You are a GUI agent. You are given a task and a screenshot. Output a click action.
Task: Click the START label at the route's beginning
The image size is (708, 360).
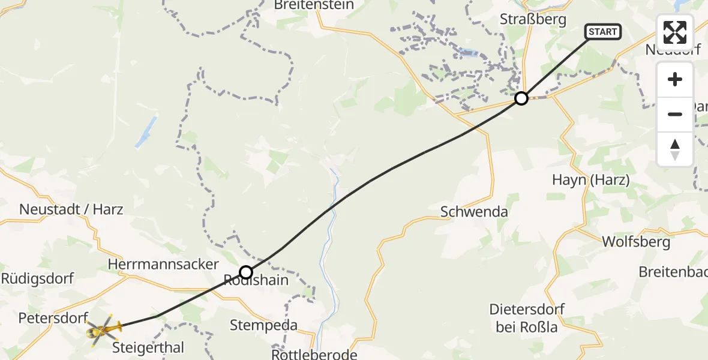pos(602,32)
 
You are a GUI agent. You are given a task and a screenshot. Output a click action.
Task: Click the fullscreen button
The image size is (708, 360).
pos(675,32)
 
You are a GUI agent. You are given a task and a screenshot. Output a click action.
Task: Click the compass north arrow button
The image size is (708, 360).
pos(675,149)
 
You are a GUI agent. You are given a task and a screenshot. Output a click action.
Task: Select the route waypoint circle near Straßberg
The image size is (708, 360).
pos(521,98)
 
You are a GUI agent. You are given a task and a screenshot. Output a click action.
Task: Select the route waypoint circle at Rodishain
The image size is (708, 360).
pos(246,272)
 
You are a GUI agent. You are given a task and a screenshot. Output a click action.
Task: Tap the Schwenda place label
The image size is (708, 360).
pos(474,211)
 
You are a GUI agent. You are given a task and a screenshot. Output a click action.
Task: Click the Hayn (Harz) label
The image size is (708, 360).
pos(590,180)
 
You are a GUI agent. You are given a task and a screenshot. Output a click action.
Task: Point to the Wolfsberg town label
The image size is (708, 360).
pos(635,242)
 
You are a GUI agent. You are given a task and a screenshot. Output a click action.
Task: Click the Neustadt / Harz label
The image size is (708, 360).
pos(71,209)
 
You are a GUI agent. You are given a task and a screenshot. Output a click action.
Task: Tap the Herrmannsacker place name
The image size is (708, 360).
pos(163,264)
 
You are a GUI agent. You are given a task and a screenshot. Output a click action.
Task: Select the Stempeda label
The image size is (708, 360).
pos(264,326)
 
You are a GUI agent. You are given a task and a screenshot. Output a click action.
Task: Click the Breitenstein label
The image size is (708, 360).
pos(314,5)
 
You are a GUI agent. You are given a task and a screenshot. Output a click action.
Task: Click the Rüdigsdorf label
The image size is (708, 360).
pos(37,278)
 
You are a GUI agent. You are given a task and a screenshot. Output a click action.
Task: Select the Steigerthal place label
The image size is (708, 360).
pos(149,347)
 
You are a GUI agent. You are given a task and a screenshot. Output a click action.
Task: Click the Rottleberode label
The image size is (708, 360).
pos(314,355)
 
